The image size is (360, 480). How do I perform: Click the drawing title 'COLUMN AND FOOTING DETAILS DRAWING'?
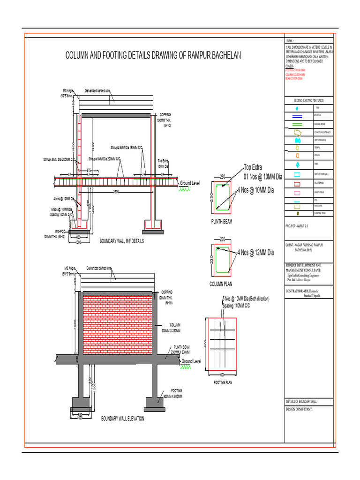point(153,56)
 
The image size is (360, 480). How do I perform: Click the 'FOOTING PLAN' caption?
point(223,382)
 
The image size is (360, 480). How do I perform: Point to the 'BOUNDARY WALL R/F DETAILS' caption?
point(122,241)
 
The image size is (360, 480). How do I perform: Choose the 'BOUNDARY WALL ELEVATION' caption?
point(123,418)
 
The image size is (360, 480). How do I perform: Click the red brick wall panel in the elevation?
point(118,324)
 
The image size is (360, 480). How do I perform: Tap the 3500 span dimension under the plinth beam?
point(115,191)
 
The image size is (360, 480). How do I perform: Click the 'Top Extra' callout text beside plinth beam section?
point(253,167)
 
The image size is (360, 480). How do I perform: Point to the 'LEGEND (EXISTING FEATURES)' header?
point(309,100)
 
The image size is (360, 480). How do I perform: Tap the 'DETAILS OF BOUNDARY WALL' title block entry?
point(301,402)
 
